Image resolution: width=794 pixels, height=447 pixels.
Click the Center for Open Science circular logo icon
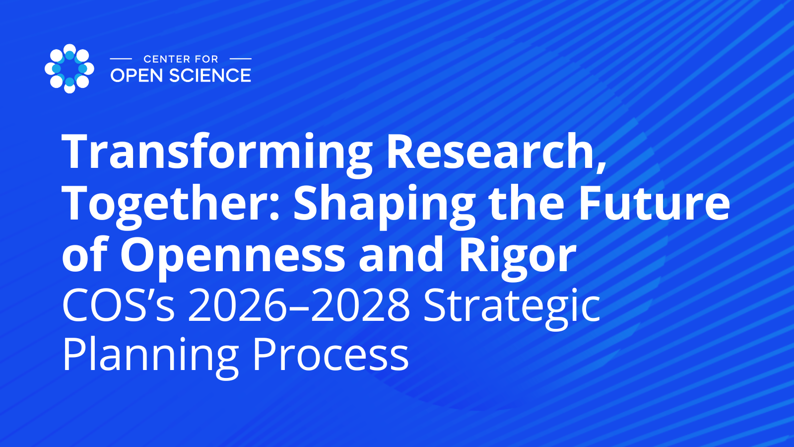[x=69, y=69]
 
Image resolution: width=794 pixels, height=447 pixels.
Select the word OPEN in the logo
[x=137, y=75]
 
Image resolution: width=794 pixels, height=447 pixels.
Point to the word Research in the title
[x=496, y=152]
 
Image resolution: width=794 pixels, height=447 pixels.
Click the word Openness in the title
[x=233, y=255]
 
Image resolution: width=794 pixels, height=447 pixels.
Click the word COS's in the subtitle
[x=119, y=305]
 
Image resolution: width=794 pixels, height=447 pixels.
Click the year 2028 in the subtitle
[x=360, y=305]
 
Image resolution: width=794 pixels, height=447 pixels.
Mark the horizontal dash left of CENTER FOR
[x=121, y=59]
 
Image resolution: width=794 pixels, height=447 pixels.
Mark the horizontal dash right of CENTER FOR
[x=241, y=59]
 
